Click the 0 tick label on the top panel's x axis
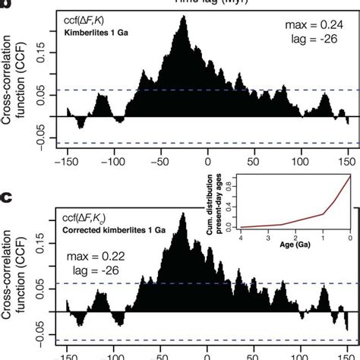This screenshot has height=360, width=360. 207,161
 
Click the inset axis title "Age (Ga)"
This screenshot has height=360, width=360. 294,245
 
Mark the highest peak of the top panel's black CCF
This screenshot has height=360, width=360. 182,17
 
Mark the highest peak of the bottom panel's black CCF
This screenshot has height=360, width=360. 182,215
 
